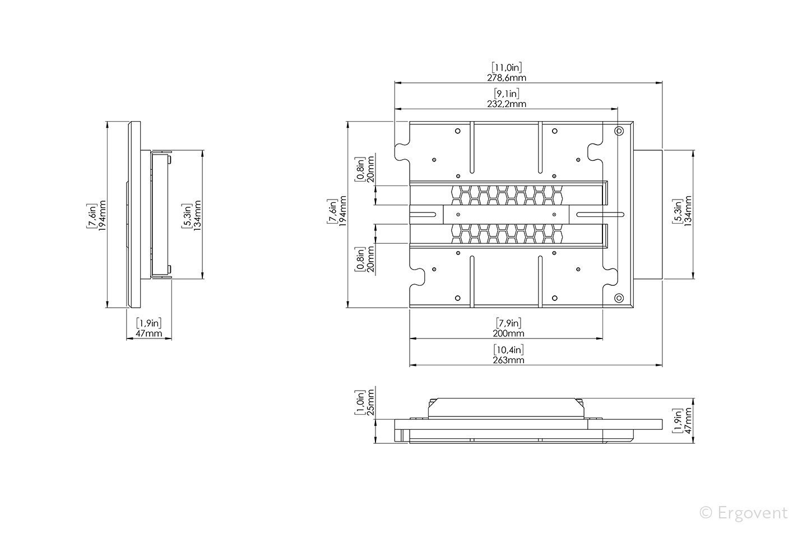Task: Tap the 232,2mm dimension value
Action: pos(506,104)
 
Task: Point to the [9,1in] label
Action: pos(506,94)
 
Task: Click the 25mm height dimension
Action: pos(370,403)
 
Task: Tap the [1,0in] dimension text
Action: pos(360,403)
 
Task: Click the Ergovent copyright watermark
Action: pos(744,512)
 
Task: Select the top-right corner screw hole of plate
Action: pos(619,131)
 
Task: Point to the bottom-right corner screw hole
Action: pos(619,298)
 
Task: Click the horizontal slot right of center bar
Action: pos(600,214)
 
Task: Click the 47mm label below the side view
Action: pos(149,333)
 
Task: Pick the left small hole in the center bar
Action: pos(458,214)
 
